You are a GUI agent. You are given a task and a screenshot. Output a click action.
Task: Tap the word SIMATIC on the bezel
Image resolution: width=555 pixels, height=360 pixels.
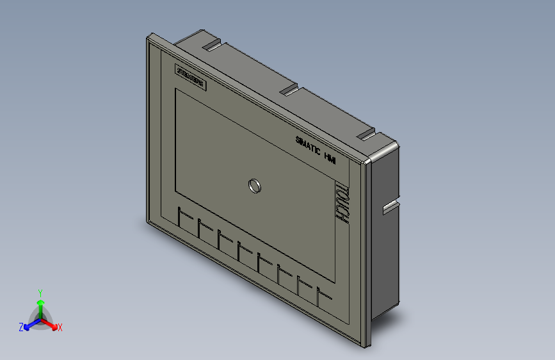pyautogui.click(x=307, y=144)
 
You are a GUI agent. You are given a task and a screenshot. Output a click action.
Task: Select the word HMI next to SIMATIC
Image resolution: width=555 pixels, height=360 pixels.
pyautogui.click(x=330, y=157)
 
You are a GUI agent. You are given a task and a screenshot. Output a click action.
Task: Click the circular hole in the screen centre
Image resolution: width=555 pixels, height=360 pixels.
pyautogui.click(x=254, y=186)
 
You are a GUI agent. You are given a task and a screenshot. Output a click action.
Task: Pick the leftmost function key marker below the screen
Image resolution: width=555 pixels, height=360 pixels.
pyautogui.click(x=184, y=218)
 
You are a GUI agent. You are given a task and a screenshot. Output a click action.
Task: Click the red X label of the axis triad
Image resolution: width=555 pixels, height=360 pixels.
pyautogui.click(x=60, y=327)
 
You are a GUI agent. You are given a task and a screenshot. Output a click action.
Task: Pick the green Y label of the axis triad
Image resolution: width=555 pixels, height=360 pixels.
pyautogui.click(x=40, y=291)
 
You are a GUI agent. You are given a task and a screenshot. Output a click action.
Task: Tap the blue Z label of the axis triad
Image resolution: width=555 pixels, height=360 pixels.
pyautogui.click(x=20, y=327)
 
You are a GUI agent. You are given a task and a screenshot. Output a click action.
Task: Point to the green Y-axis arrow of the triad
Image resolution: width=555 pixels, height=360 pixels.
pyautogui.click(x=40, y=305)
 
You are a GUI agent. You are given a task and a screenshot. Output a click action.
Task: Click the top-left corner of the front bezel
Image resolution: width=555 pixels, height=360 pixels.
pyautogui.click(x=149, y=36)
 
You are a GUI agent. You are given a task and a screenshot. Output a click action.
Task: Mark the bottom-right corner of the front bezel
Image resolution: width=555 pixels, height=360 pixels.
pyautogui.click(x=367, y=347)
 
